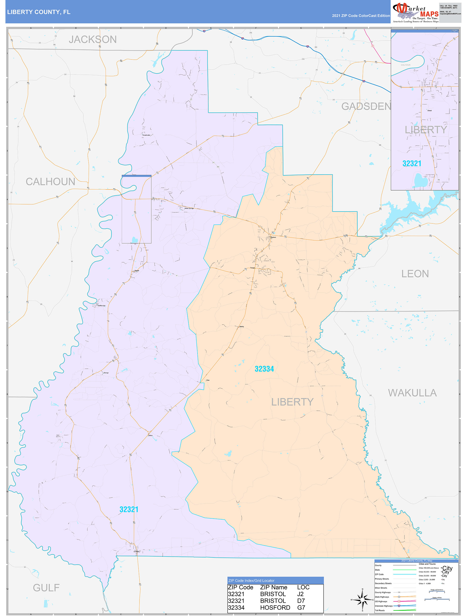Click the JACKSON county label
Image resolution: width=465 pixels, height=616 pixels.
tap(93, 40)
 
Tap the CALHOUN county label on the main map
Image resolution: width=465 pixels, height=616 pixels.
tap(50, 181)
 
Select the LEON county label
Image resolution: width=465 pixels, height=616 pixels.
tap(415, 274)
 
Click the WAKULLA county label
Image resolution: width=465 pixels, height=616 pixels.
tap(412, 393)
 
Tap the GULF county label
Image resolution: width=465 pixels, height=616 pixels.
tap(46, 588)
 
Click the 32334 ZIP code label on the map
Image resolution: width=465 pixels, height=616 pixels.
tap(264, 369)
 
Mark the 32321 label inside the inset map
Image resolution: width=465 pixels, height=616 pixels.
tap(411, 164)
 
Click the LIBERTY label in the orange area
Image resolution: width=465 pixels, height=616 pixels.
tap(292, 402)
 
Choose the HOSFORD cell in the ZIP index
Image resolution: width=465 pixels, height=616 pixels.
tap(275, 608)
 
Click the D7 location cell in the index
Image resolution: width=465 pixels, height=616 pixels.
tap(301, 601)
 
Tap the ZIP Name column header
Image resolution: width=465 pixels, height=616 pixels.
tap(273, 587)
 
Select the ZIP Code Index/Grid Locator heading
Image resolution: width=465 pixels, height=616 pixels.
tap(251, 581)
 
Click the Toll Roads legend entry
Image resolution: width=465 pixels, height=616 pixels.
tap(380, 610)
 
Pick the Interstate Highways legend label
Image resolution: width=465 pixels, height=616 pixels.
tap(384, 606)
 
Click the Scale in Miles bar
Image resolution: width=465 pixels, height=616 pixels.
tap(437, 600)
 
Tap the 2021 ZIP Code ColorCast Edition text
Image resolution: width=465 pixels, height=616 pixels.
tap(361, 16)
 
